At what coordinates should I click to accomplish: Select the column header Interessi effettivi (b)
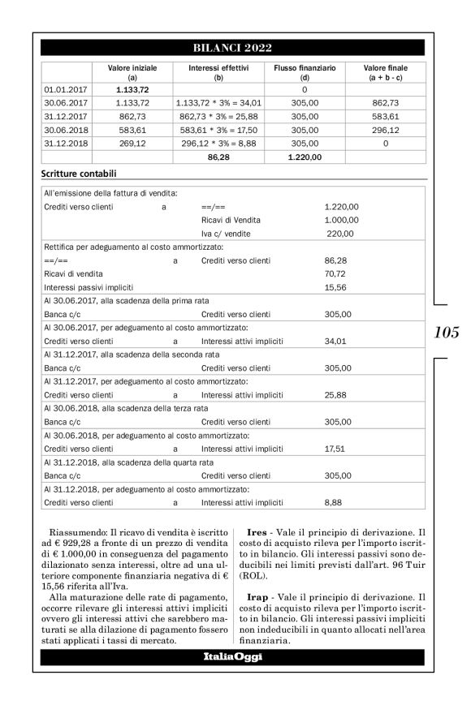[x=218, y=72]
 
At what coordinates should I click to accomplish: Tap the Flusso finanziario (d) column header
[x=305, y=72]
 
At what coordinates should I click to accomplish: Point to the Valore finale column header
[x=385, y=72]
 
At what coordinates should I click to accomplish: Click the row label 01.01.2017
[x=65, y=90]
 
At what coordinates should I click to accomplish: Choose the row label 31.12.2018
[x=65, y=143]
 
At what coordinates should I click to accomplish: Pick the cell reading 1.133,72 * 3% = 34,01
[x=218, y=104]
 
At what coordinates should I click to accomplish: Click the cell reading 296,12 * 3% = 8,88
[x=218, y=143]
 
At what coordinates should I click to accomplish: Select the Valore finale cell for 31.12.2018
[x=385, y=143]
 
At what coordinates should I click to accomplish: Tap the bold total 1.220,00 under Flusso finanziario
[x=305, y=157]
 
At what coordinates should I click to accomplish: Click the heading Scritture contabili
[x=78, y=174]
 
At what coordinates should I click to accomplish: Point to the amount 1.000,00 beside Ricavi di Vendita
[x=340, y=220]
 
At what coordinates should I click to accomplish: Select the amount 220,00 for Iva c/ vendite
[x=340, y=234]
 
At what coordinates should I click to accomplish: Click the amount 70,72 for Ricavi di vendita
[x=334, y=274]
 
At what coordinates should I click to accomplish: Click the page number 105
[x=447, y=332]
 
